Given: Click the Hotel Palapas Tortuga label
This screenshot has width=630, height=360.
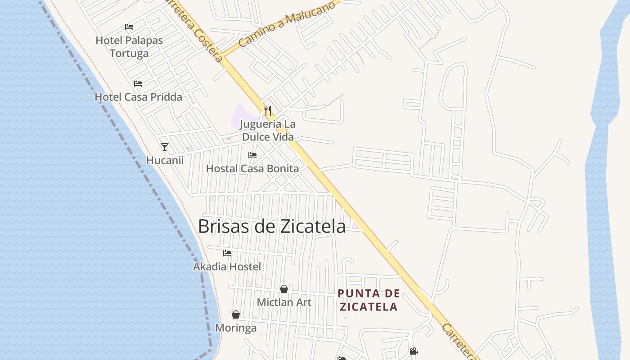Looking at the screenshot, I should pyautogui.click(x=129, y=47).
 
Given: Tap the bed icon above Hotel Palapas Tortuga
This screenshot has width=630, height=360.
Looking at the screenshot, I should pyautogui.click(x=129, y=27).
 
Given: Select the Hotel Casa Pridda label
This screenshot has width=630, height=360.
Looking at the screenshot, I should pyautogui.click(x=138, y=97).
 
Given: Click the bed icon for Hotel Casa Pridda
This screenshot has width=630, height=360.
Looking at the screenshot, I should pyautogui.click(x=138, y=84).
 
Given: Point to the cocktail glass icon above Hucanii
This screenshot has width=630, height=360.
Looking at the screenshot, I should pyautogui.click(x=165, y=147).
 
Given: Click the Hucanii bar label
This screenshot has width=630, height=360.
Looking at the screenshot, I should pyautogui.click(x=165, y=160).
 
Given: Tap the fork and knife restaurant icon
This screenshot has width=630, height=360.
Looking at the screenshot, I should pyautogui.click(x=268, y=111).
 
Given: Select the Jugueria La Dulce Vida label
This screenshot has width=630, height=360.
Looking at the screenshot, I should pyautogui.click(x=268, y=130).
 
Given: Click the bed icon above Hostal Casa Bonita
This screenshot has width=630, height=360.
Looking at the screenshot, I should pyautogui.click(x=252, y=155).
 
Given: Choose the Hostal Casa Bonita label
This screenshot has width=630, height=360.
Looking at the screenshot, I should pyautogui.click(x=252, y=169).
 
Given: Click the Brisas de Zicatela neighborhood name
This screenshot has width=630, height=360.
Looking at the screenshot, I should pyautogui.click(x=272, y=226).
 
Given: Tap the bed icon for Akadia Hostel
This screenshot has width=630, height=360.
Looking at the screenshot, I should pyautogui.click(x=227, y=253).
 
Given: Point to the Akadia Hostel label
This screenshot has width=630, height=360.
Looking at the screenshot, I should pyautogui.click(x=227, y=267).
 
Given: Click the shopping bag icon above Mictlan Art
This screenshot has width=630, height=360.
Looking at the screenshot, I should pyautogui.click(x=284, y=289).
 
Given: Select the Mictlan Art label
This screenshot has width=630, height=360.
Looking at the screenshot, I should pyautogui.click(x=284, y=302).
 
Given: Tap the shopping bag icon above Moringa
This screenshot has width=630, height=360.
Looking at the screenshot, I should pyautogui.click(x=236, y=315).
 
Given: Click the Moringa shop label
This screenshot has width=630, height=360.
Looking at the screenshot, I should pyautogui.click(x=236, y=328).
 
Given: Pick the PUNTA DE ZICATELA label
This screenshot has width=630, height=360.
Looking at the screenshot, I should pyautogui.click(x=369, y=300).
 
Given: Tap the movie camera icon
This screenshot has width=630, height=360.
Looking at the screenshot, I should pyautogui.click(x=414, y=351).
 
